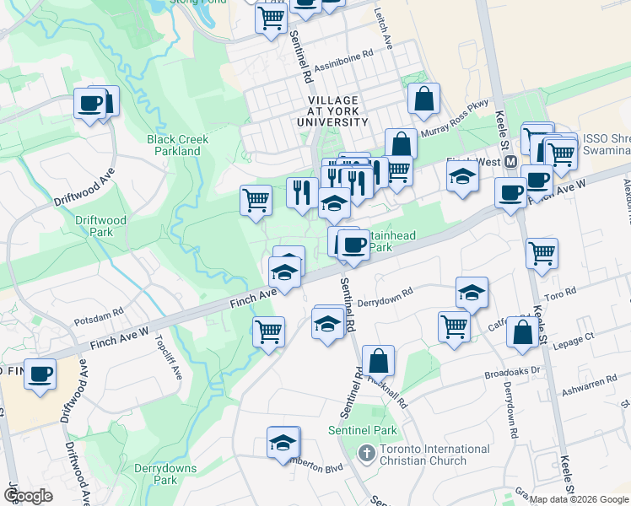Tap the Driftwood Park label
click(100, 226)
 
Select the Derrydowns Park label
click(165, 474)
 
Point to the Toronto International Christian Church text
click(423, 455)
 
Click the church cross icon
click(366, 454)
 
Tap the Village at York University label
click(333, 111)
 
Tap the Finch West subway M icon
click(510, 162)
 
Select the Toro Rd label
click(558, 292)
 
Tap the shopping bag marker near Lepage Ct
click(522, 332)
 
